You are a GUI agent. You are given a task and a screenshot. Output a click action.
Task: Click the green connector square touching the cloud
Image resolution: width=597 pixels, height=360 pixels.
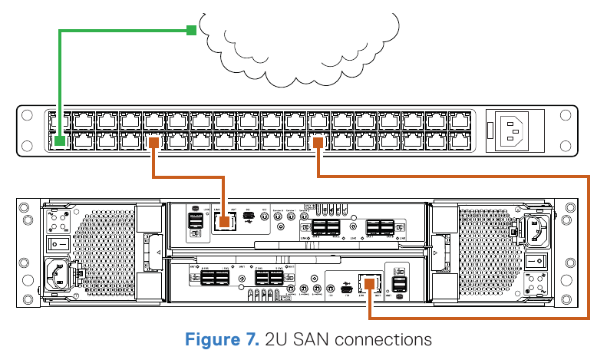(x=190, y=30)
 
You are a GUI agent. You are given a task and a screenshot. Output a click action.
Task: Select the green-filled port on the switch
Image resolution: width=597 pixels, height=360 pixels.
(x=60, y=140)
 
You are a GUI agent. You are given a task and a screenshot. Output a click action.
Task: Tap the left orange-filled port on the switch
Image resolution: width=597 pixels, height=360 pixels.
(x=154, y=140)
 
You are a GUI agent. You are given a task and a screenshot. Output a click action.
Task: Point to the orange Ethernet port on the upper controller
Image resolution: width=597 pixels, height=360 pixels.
(x=225, y=223)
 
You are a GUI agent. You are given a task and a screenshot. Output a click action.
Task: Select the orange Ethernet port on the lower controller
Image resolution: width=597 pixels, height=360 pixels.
(x=371, y=282)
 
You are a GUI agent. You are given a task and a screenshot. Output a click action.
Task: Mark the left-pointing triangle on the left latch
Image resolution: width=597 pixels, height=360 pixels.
(x=157, y=251)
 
